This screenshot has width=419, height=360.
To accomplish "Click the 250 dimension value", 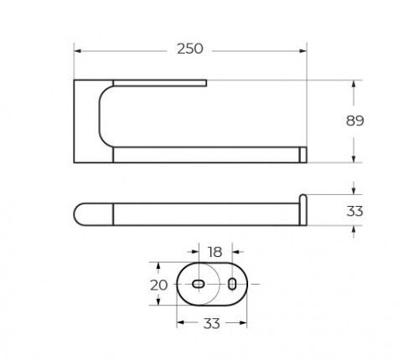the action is click(190, 49).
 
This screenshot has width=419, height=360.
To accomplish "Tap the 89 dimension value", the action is click(354, 121).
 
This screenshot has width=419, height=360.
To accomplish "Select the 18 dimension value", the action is click(215, 252).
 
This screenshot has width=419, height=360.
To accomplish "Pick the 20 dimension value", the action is click(158, 285).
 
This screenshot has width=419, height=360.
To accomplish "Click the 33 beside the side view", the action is click(354, 211).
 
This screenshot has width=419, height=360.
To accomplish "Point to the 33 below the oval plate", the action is click(211, 324).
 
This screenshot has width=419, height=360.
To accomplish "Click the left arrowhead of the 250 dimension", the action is click(78, 51).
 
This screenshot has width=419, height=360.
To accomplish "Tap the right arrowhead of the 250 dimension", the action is click(303, 51).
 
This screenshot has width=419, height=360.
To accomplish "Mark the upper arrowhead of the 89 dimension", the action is click(354, 84).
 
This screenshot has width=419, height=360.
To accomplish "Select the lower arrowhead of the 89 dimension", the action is click(354, 159).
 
